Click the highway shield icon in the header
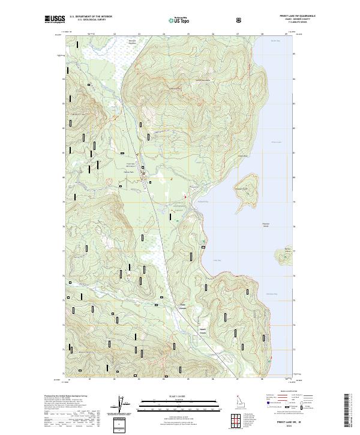tap(239, 19)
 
